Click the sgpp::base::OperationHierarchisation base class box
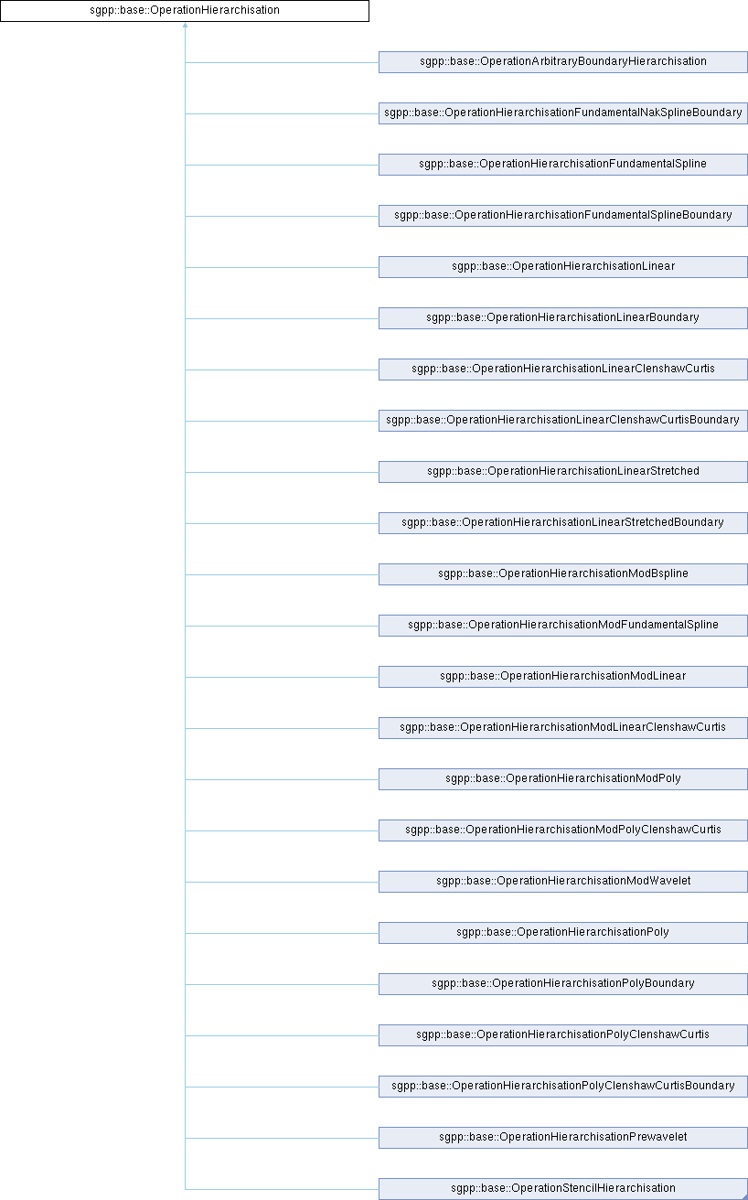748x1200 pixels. tap(185, 11)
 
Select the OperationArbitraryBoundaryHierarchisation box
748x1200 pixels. tap(563, 62)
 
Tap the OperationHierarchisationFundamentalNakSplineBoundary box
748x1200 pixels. tap(563, 113)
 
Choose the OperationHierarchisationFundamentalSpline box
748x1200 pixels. tap(563, 165)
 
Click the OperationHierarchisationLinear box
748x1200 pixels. tap(563, 267)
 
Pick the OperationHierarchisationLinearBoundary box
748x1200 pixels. tap(563, 318)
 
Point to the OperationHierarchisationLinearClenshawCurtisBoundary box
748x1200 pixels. tap(563, 421)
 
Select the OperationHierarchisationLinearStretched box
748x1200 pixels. tap(563, 472)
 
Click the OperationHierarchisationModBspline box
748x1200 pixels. tap(563, 574)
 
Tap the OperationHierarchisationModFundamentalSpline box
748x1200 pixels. tap(563, 626)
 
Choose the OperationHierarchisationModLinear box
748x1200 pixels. tap(563, 677)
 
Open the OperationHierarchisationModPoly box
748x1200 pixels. tap(563, 779)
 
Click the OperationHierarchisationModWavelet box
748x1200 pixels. tap(563, 882)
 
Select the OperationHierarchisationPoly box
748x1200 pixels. tap(563, 933)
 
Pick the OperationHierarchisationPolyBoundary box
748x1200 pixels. tap(563, 984)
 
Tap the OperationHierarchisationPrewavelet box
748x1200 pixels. tap(563, 1138)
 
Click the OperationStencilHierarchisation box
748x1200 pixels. tap(563, 1189)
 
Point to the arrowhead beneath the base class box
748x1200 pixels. tap(186, 25)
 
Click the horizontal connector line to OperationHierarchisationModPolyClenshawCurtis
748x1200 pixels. tap(283, 830)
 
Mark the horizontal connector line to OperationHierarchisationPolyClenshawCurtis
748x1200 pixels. tap(283, 1035)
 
